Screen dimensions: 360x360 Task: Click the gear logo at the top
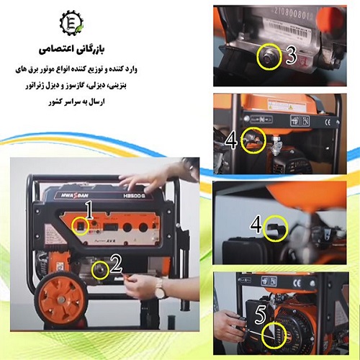[x=71, y=24]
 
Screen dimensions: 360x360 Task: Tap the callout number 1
[x=89, y=211]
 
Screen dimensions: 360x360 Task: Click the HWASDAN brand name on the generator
[x=69, y=194]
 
